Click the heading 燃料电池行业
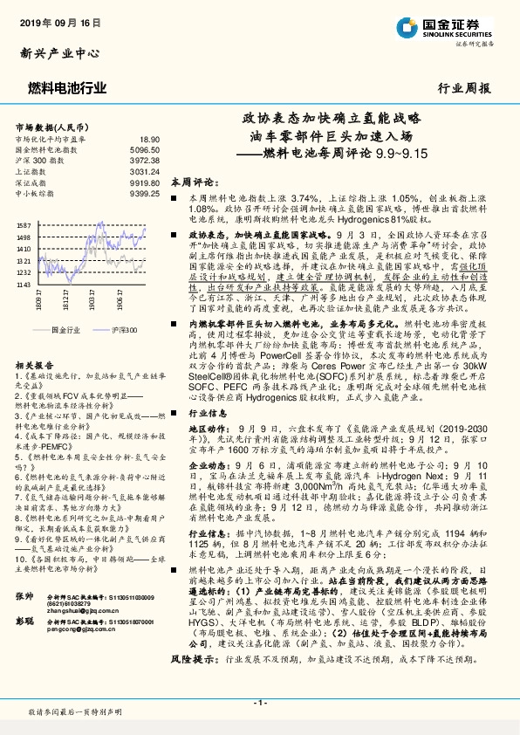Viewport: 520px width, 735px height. (x=68, y=87)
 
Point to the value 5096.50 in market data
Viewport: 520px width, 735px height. (x=145, y=150)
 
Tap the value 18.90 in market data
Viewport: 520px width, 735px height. (x=150, y=139)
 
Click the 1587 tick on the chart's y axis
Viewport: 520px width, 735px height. (x=23, y=225)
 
